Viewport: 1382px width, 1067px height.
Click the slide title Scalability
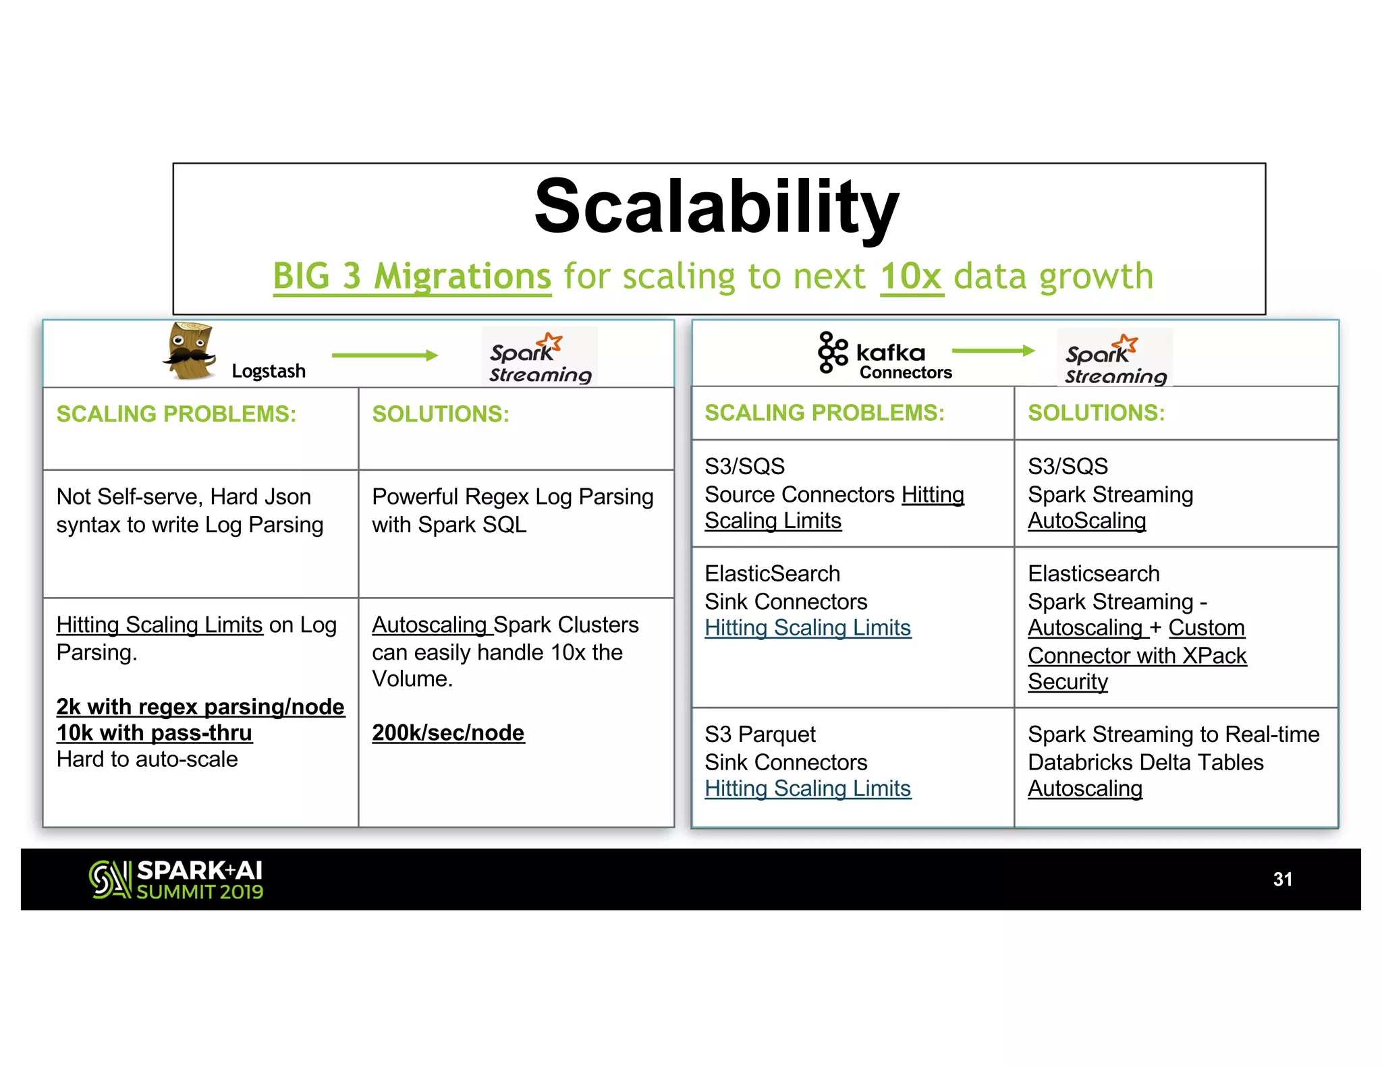tap(717, 206)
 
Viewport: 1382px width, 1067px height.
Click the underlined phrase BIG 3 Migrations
tap(412, 277)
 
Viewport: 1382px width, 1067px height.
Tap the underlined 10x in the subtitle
tap(911, 277)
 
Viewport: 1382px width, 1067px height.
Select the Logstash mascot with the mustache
tap(190, 351)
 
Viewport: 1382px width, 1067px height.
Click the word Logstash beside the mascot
tap(269, 371)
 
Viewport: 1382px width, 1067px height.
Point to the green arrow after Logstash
tap(385, 355)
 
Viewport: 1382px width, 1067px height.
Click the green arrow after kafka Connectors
tap(993, 350)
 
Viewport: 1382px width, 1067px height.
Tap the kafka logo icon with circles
tap(833, 352)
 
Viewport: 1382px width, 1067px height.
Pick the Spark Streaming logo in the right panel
tap(1115, 358)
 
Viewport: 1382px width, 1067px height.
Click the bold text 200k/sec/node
tap(448, 732)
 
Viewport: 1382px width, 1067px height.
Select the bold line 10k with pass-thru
tap(155, 732)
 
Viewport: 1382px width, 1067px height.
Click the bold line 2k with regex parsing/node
tap(200, 706)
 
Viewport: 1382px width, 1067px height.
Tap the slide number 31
tap(1282, 879)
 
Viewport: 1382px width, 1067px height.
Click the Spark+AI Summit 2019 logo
tap(176, 879)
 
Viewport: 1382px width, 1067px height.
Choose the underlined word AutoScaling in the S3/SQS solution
tap(1086, 521)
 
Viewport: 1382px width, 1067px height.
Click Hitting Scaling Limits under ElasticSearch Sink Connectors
tap(808, 628)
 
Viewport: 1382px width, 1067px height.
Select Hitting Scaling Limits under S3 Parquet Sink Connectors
tap(808, 788)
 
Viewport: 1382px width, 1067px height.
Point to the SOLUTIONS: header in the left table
tap(441, 414)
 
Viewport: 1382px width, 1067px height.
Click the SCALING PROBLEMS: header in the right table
tap(825, 413)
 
